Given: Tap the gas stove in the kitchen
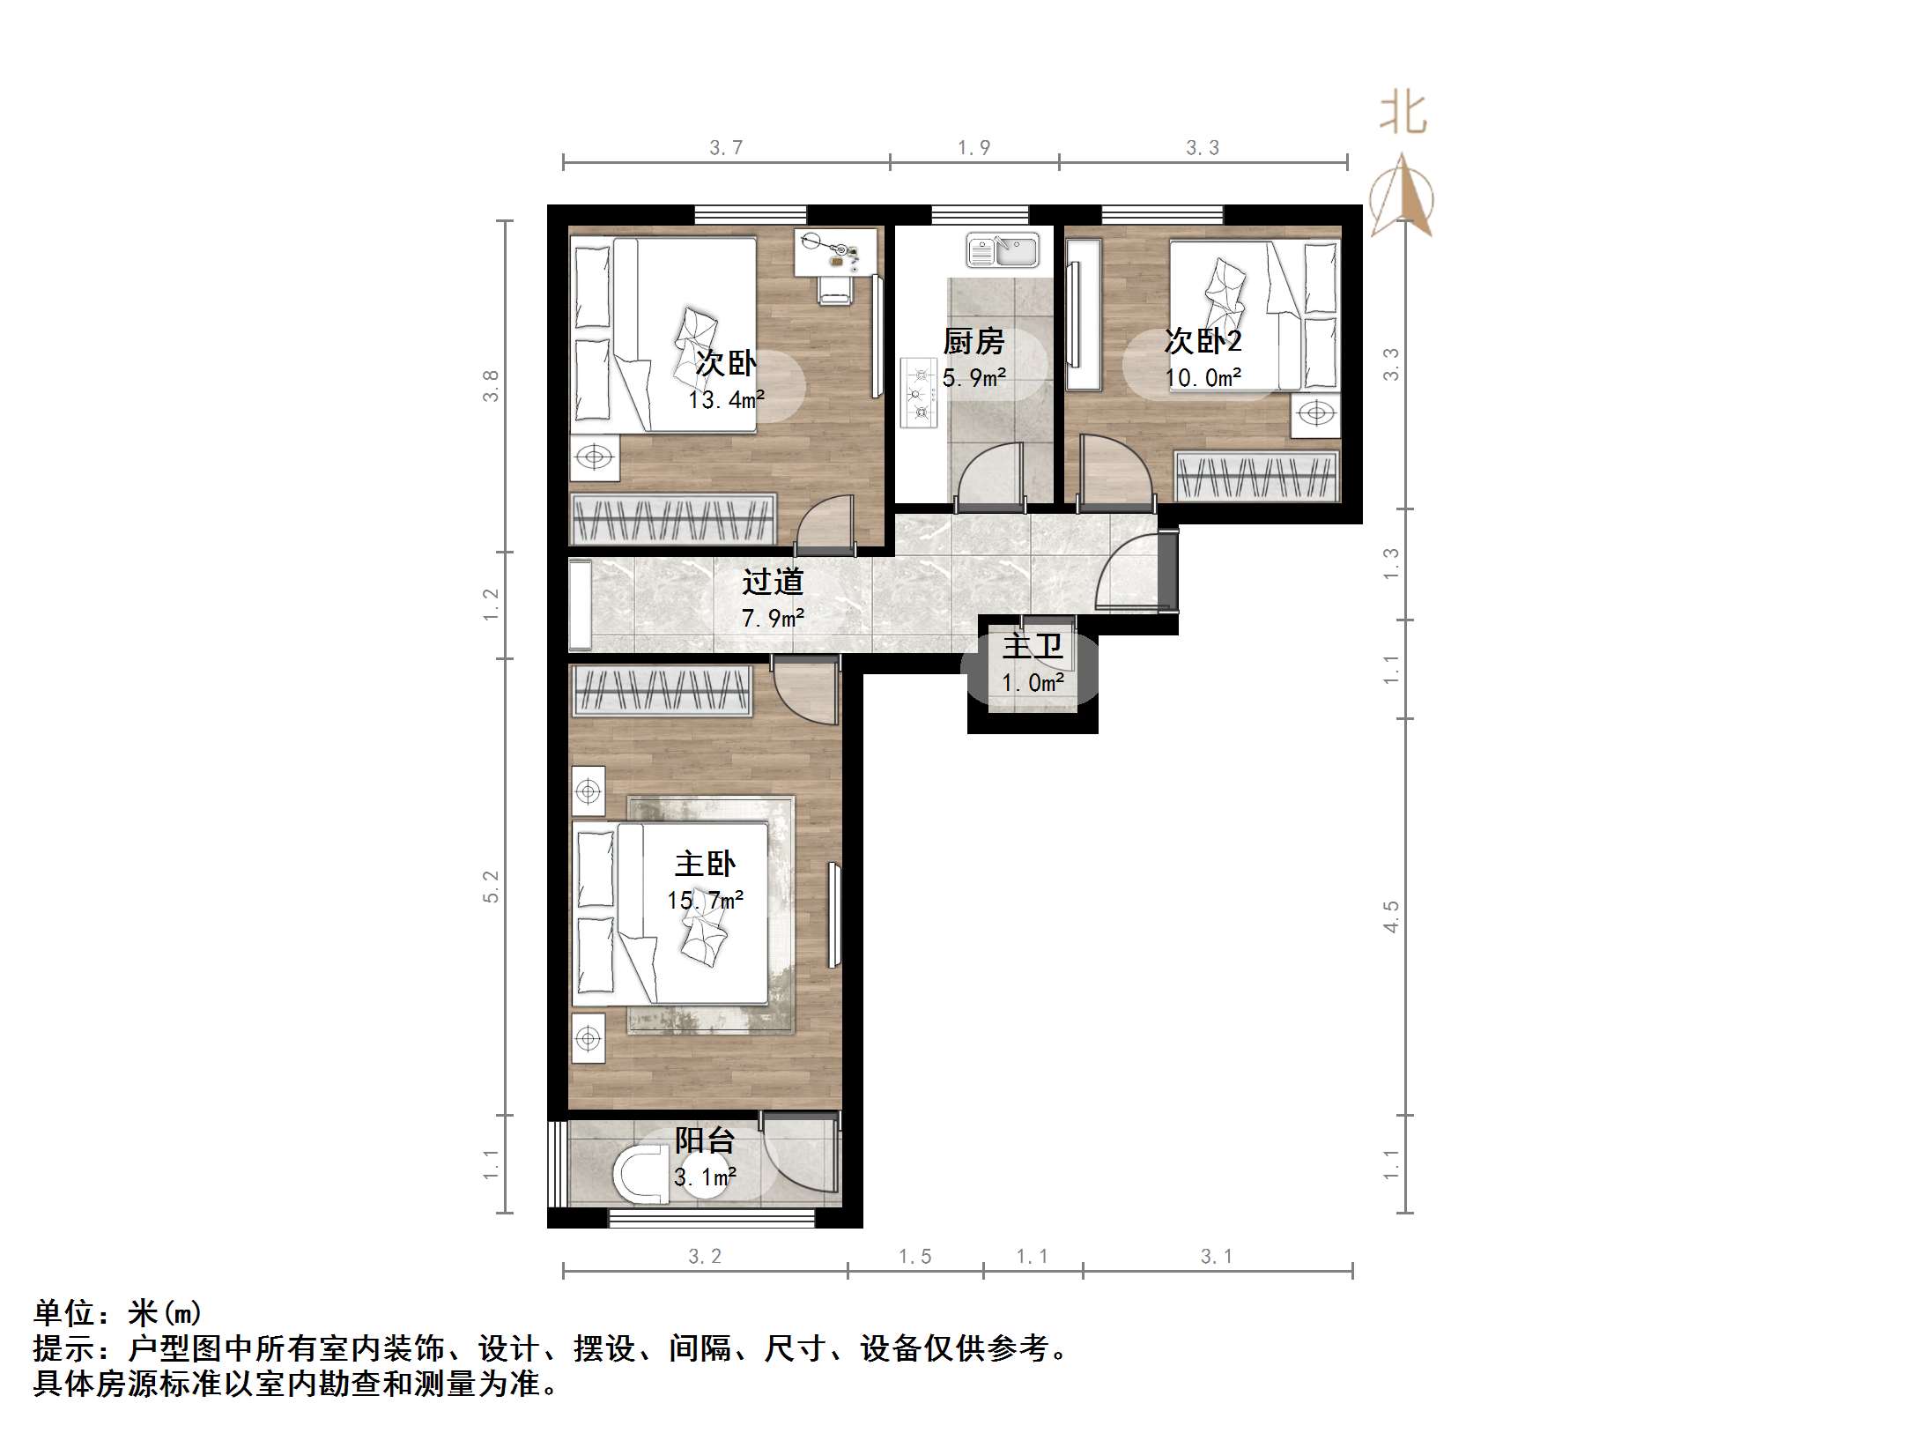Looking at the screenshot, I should coord(919,393).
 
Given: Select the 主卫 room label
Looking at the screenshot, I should coord(1033,647).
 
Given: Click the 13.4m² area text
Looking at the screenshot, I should coord(726,400).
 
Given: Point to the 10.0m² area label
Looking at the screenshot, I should coord(1203,378).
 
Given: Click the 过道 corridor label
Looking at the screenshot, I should coord(773,582).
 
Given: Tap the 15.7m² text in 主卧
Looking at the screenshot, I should coord(705,900).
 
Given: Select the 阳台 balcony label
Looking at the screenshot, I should coord(705,1140).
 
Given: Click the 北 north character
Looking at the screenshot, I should coord(1403,115).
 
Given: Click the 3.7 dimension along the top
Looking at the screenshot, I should coord(726,148).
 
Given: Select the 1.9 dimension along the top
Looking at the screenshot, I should coord(974,148).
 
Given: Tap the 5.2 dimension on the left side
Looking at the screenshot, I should coord(491,886).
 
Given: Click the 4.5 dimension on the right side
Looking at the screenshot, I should coord(1391,917).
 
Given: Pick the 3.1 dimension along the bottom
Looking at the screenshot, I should coord(1217,1257).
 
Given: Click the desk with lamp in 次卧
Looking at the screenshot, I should coord(836,252).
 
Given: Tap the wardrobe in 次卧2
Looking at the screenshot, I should coord(1256,476).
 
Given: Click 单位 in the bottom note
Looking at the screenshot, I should coord(65,1313).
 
